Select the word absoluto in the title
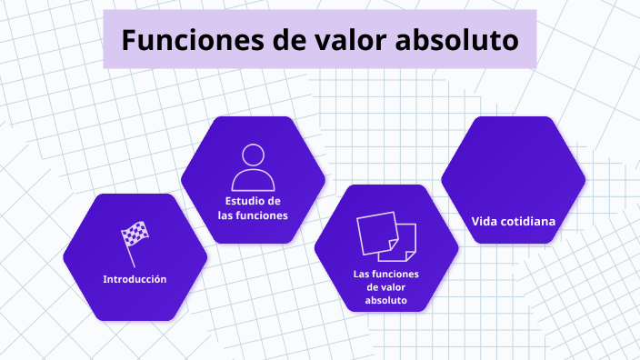pyautogui.click(x=457, y=41)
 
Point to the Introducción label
pyautogui.click(x=135, y=279)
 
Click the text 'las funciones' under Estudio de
pyautogui.click(x=253, y=215)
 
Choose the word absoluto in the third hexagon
pyautogui.click(x=385, y=300)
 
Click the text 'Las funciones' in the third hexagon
pyautogui.click(x=385, y=273)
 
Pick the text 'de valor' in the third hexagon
pyautogui.click(x=385, y=286)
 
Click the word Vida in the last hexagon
pyautogui.click(x=486, y=221)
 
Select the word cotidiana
pyautogui.click(x=528, y=221)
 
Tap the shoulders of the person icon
pyautogui.click(x=254, y=178)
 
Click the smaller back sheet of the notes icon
pyautogui.click(x=408, y=240)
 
